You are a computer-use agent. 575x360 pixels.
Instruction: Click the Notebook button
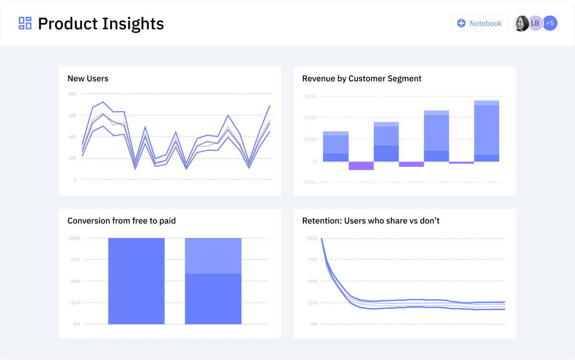click(x=479, y=23)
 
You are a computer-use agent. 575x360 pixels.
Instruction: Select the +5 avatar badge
click(x=550, y=23)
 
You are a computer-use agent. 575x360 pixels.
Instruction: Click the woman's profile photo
click(x=521, y=23)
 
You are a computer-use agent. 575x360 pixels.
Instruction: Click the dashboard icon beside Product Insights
click(x=25, y=23)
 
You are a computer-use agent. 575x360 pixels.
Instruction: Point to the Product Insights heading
click(x=101, y=23)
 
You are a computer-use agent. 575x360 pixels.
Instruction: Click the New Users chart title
click(x=88, y=79)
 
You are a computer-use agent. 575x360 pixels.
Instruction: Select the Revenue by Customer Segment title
click(x=362, y=79)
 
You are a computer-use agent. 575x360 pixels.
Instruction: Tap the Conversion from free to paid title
click(x=122, y=221)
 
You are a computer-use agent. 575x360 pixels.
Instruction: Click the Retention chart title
click(x=371, y=221)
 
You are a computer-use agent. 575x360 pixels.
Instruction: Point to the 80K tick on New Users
click(x=72, y=94)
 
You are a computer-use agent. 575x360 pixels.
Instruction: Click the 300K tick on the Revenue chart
click(x=310, y=96)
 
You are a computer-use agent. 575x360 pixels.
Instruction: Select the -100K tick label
click(x=310, y=182)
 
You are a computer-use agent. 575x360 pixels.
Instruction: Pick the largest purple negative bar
click(x=361, y=166)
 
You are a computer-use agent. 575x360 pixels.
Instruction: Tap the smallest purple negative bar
click(x=461, y=163)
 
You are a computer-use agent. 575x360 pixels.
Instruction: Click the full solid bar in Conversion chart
click(x=136, y=281)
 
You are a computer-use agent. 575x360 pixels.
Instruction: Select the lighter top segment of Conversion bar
click(x=213, y=255)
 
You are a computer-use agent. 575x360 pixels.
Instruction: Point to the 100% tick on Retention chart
click(x=311, y=238)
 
